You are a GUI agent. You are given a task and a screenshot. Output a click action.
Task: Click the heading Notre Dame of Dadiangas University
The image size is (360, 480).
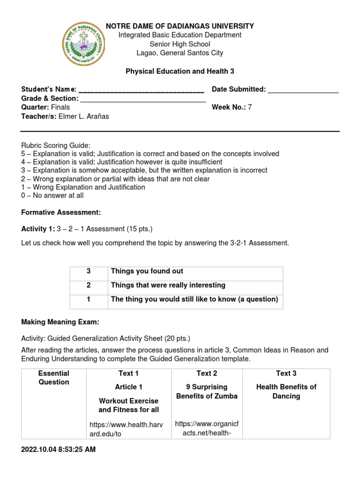coord(180,26)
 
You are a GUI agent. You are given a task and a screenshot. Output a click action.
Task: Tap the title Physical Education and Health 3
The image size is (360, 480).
coord(180,71)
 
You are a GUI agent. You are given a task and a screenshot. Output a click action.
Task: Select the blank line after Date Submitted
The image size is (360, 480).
coord(303,90)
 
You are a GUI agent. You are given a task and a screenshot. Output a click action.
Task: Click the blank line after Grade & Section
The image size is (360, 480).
coord(143,99)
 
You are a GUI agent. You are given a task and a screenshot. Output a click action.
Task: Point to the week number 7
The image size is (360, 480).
coord(250,107)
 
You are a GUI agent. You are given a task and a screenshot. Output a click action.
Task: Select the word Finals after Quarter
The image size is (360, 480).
coord(60,107)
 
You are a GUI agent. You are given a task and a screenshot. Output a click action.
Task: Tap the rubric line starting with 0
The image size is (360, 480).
coord(52,195)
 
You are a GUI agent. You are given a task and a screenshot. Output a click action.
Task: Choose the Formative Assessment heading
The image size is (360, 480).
coord(61,212)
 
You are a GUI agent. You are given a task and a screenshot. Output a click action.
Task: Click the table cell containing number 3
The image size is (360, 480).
coord(89,271)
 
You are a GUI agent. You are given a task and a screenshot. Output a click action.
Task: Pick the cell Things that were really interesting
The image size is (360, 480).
coord(168,285)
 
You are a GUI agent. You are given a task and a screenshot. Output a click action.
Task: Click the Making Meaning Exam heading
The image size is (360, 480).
coord(60,322)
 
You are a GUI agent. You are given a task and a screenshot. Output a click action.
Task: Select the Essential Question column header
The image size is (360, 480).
coord(53,378)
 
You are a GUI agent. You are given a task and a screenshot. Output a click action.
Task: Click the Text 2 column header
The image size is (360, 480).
coord(207,373)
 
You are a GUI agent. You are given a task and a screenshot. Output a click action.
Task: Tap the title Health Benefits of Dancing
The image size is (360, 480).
coord(286,391)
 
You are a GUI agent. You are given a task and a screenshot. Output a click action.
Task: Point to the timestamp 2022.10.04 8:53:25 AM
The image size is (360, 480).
coord(58,449)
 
